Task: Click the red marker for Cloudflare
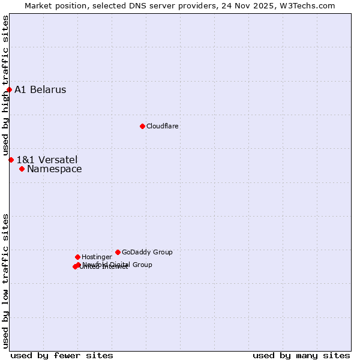pos(142,126)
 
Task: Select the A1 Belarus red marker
pos(9,90)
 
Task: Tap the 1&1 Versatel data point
pos(11,160)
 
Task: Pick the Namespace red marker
pos(22,169)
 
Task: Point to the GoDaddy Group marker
pos(118,252)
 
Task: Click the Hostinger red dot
pos(77,257)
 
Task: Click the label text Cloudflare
pos(163,126)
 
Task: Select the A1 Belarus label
pos(40,90)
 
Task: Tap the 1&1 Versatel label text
pos(47,160)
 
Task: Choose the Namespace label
pos(55,169)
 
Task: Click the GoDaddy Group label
pos(147,252)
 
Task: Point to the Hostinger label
pos(97,257)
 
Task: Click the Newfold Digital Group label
pos(118,265)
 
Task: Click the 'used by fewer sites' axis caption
pos(62,355)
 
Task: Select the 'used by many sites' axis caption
pos(301,355)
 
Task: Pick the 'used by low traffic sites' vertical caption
pos(5,281)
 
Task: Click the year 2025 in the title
pos(266,5)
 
